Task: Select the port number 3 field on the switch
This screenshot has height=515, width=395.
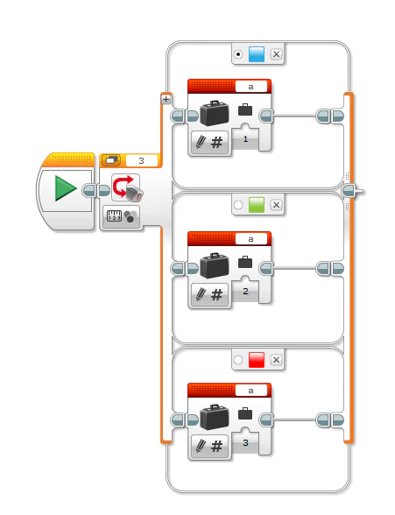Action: tap(141, 160)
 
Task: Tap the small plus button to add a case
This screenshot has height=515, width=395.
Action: tap(166, 99)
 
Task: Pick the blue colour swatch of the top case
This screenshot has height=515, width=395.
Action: tap(257, 54)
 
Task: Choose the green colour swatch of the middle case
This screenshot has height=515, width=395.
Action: tap(257, 205)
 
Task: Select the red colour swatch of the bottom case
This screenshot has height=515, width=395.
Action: tap(257, 359)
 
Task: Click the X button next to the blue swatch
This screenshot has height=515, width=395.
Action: tap(277, 54)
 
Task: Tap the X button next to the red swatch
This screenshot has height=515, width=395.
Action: tap(277, 359)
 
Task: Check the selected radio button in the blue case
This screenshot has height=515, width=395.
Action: tap(238, 54)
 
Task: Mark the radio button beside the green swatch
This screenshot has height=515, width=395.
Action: tap(238, 205)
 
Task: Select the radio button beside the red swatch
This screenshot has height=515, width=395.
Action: tap(238, 359)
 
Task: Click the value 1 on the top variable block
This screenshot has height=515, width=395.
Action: tap(246, 139)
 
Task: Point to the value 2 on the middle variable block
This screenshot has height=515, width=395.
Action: tap(246, 292)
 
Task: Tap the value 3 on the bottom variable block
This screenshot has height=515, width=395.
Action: tap(246, 443)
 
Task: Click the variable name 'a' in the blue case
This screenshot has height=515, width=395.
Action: tap(252, 86)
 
